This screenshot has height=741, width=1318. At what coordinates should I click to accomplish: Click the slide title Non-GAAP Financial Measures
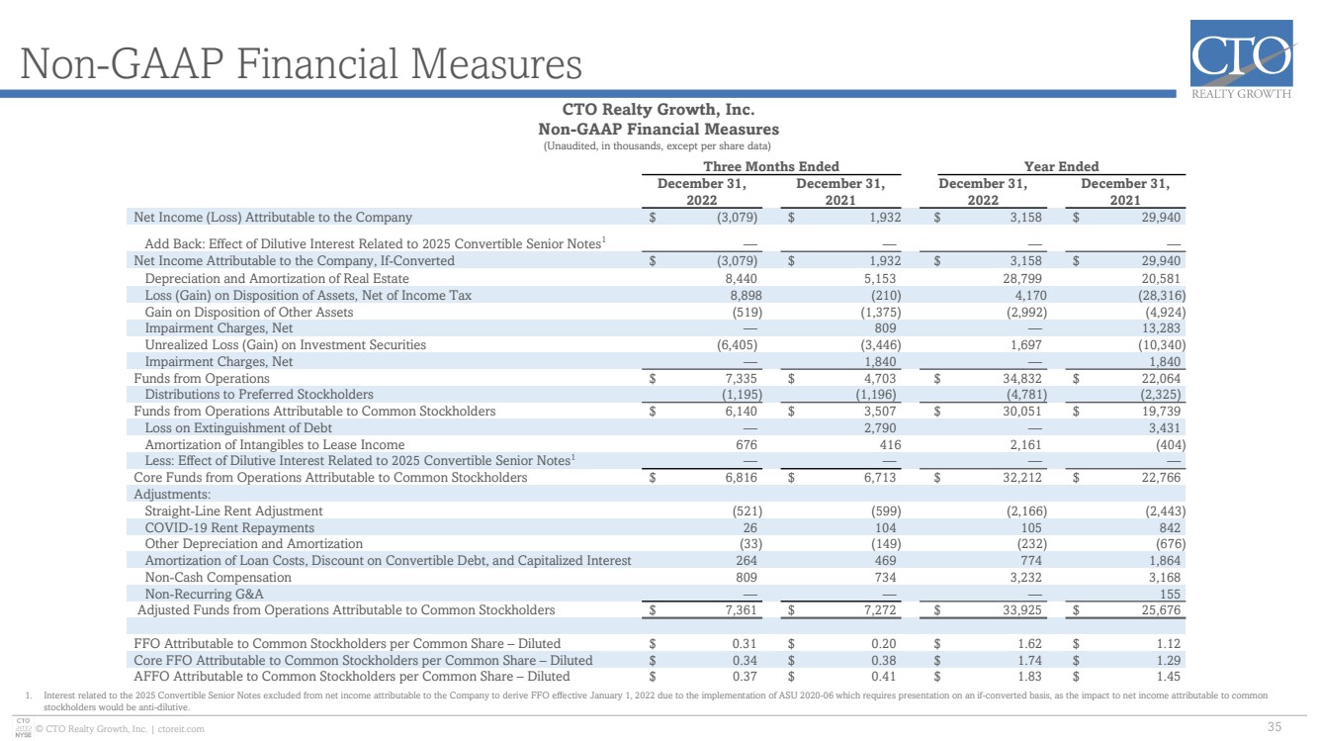(302, 63)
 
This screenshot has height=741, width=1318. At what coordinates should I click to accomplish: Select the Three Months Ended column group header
(771, 166)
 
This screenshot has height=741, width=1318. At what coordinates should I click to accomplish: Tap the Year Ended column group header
(1061, 166)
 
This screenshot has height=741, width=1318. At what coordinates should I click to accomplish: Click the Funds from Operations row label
(202, 379)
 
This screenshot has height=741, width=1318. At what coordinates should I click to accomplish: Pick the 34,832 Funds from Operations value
(1022, 379)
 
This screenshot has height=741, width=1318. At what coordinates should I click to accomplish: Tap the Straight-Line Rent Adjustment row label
(233, 510)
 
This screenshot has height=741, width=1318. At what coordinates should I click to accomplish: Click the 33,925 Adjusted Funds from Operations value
(1022, 610)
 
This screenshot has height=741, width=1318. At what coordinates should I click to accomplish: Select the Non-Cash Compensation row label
(218, 578)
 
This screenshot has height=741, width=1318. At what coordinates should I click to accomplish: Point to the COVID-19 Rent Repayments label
(229, 528)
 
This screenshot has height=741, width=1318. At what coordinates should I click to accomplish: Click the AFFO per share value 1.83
(1029, 677)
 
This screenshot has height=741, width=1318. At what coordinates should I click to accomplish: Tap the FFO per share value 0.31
(745, 644)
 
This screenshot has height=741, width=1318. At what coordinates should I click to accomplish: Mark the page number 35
(1274, 727)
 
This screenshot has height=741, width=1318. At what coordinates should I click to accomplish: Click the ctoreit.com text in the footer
(181, 729)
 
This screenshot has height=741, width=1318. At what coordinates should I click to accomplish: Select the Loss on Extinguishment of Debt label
(238, 428)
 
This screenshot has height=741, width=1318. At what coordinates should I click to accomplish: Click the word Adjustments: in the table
(172, 495)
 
